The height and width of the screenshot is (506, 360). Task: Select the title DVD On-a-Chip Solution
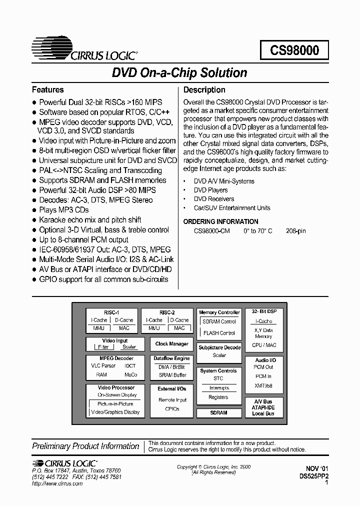[x=179, y=73]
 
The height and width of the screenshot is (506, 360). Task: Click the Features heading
[x=47, y=90]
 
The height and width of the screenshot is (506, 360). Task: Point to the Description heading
[x=204, y=90]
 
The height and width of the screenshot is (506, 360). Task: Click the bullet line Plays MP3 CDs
[x=64, y=210]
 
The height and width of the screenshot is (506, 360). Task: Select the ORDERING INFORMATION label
[x=220, y=221]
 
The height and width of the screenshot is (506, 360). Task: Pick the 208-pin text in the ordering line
[x=295, y=231]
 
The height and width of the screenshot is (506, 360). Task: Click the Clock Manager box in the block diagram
[x=171, y=344]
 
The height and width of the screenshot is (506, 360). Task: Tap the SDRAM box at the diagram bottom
[x=218, y=413]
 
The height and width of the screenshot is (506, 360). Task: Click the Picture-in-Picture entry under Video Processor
[x=115, y=403]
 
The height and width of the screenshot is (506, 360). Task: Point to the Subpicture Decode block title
[x=219, y=347]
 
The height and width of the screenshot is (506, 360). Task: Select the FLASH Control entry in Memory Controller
[x=219, y=333]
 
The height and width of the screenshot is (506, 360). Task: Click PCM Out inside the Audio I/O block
[x=263, y=367]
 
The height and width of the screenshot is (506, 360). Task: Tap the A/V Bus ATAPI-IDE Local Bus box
[x=263, y=407]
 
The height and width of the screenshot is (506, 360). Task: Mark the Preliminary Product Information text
[x=85, y=446]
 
